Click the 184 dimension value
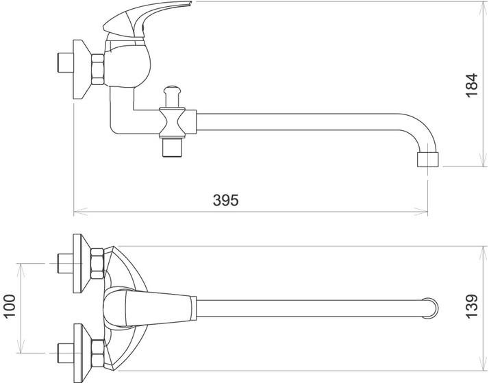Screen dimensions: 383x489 473,86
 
